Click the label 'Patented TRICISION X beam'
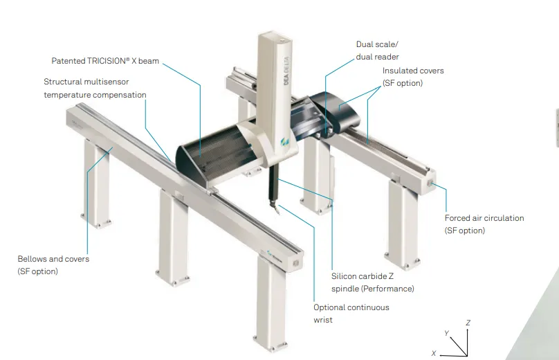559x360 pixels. (x=105, y=61)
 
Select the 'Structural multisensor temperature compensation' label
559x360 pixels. (x=95, y=88)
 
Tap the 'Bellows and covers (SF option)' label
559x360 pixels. (x=53, y=264)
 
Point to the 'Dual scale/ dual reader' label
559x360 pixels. (x=378, y=51)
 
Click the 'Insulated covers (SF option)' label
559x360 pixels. (x=413, y=77)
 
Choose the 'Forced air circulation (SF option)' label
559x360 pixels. (x=484, y=224)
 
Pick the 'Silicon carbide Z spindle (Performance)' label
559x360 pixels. (x=372, y=282)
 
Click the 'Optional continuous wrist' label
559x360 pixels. (x=351, y=313)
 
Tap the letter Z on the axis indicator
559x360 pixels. (x=468, y=323)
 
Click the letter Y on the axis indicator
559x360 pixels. (x=446, y=333)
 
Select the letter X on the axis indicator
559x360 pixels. (x=434, y=353)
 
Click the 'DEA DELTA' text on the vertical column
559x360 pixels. (x=286, y=71)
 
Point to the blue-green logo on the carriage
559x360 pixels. (x=285, y=142)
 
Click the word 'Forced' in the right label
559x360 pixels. (x=457, y=218)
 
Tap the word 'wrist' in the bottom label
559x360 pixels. (x=323, y=320)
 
